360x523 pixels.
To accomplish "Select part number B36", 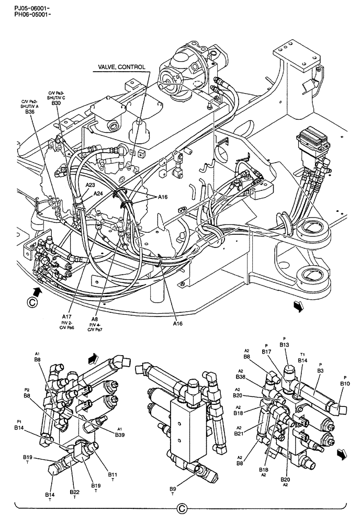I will click(29, 111).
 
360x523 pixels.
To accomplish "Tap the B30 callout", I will click(56, 103).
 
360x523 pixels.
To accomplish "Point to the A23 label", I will click(91, 185).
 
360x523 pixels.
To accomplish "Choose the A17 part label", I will click(66, 316).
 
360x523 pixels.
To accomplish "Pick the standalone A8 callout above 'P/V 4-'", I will click(95, 319).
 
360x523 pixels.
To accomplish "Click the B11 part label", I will click(113, 474).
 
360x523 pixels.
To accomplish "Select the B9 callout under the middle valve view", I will click(173, 488).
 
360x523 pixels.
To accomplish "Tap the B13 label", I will click(284, 345).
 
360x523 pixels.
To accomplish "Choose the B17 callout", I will click(267, 352).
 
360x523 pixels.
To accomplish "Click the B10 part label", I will click(345, 384).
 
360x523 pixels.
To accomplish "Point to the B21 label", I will click(239, 433).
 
